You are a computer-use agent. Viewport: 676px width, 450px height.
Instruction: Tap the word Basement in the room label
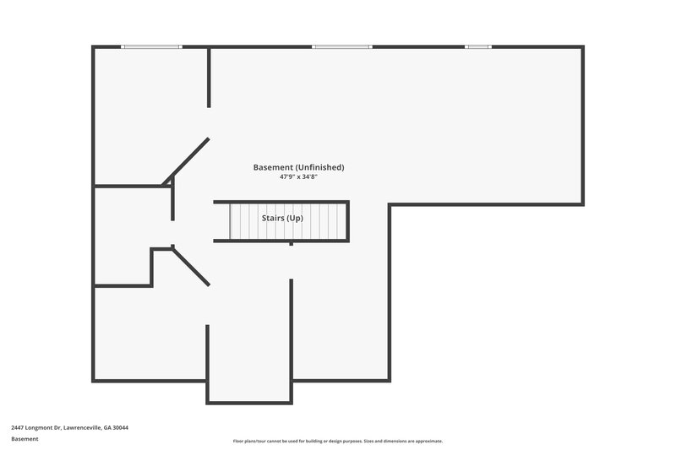(x=272, y=167)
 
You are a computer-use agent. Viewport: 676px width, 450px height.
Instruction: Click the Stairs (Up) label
(x=282, y=218)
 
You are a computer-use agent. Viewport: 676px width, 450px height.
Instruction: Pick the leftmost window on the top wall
(x=151, y=46)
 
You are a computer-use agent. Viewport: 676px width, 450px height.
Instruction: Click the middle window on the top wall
(x=342, y=46)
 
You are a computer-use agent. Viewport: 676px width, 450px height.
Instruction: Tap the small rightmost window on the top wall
(x=478, y=46)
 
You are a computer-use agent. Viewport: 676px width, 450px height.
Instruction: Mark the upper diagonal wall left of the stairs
(x=187, y=160)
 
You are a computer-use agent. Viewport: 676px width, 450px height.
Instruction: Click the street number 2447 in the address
(x=19, y=427)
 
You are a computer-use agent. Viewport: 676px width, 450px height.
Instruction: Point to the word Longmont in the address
(x=42, y=427)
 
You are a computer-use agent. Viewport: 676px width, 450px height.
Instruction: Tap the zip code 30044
(x=120, y=427)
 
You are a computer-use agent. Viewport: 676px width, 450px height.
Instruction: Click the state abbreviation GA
(x=106, y=427)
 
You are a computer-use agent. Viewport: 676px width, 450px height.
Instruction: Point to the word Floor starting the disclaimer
(x=239, y=441)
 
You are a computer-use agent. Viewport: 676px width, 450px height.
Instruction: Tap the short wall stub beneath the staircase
(x=292, y=244)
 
